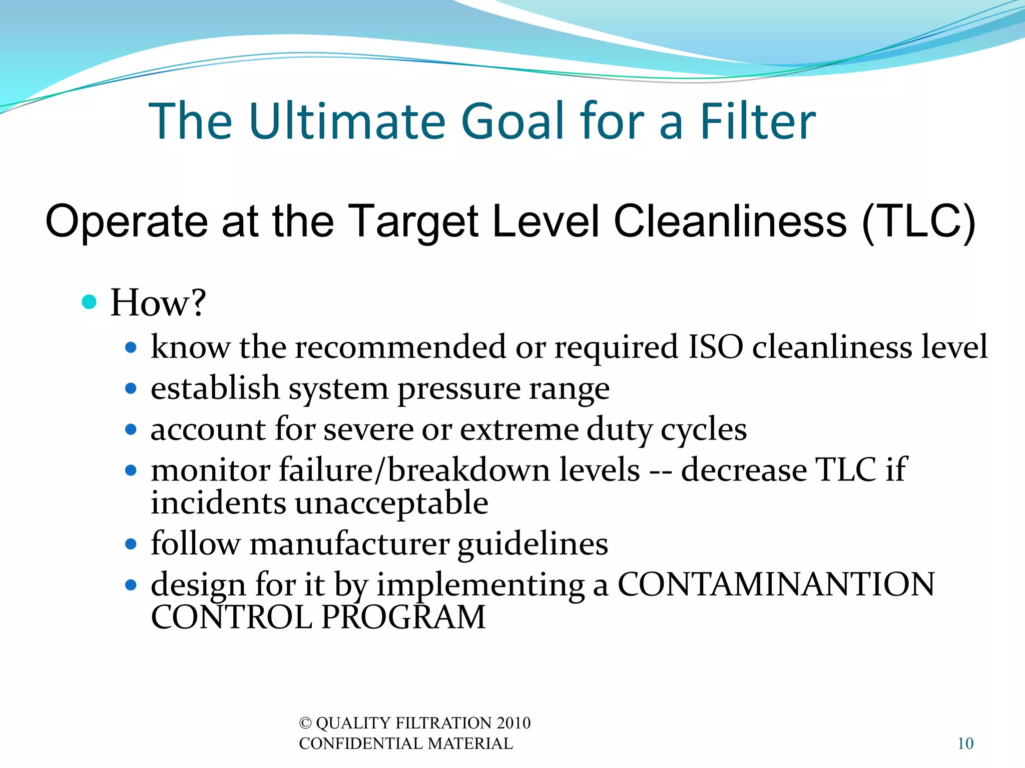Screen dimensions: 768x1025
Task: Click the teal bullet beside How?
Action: click(x=89, y=302)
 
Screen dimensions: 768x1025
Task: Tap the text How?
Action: click(x=158, y=302)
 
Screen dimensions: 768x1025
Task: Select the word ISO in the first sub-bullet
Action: click(x=716, y=346)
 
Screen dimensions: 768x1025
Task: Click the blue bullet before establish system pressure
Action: click(x=131, y=388)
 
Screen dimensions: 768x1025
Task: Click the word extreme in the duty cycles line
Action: click(x=519, y=429)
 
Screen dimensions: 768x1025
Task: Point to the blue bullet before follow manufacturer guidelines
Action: click(x=131, y=544)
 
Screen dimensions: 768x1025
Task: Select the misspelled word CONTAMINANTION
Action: click(x=776, y=584)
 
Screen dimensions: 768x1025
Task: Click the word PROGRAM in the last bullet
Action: click(x=403, y=617)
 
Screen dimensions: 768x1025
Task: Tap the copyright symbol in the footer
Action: click(x=305, y=723)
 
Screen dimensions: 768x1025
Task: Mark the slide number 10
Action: click(x=965, y=743)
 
